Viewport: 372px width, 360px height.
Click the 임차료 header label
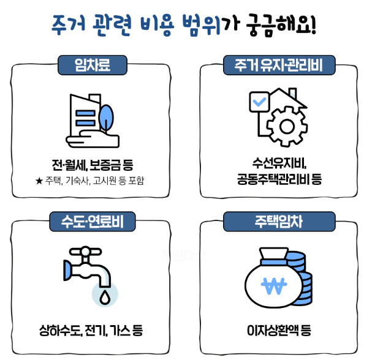[x=92, y=64]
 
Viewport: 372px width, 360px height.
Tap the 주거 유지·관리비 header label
[x=279, y=64]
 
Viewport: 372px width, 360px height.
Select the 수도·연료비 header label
[x=92, y=222]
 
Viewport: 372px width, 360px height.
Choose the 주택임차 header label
[x=279, y=222]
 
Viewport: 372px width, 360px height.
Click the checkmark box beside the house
[x=259, y=101]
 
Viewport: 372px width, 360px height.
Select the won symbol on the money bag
[x=273, y=284]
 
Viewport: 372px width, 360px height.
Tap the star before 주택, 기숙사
[x=40, y=181]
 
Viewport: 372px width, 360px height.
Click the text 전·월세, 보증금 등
[x=93, y=165]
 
